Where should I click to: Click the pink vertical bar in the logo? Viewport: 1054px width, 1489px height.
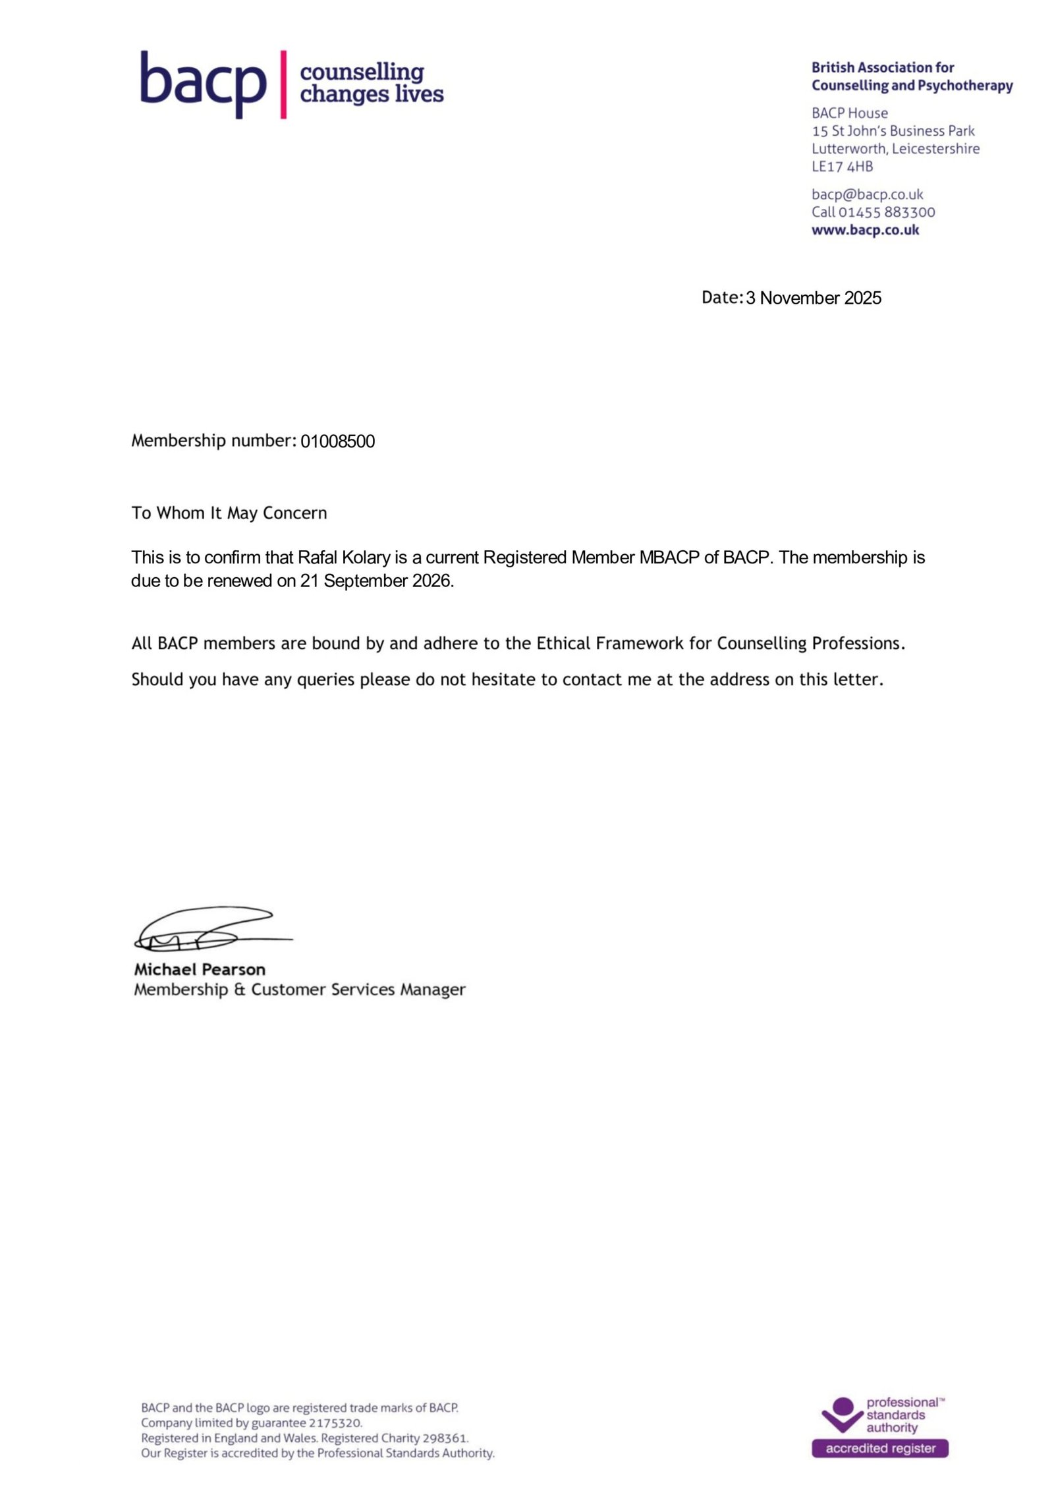point(283,84)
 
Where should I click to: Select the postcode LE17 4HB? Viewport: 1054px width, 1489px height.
point(842,167)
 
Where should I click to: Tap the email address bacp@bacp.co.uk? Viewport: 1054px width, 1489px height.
point(867,194)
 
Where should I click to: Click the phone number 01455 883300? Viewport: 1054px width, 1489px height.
point(886,212)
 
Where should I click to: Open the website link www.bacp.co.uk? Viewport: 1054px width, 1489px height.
point(865,230)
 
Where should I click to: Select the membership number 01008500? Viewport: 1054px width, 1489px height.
point(337,441)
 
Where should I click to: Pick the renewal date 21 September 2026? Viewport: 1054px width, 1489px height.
point(376,580)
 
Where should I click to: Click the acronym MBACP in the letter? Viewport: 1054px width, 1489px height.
point(668,557)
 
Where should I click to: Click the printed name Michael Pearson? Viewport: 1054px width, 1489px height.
point(200,969)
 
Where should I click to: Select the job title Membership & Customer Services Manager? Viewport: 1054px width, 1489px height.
point(300,990)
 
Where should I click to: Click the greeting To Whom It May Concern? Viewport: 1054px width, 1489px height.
point(229,513)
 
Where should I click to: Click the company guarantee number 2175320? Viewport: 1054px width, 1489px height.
point(335,1422)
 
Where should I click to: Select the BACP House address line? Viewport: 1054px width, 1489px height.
point(849,113)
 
